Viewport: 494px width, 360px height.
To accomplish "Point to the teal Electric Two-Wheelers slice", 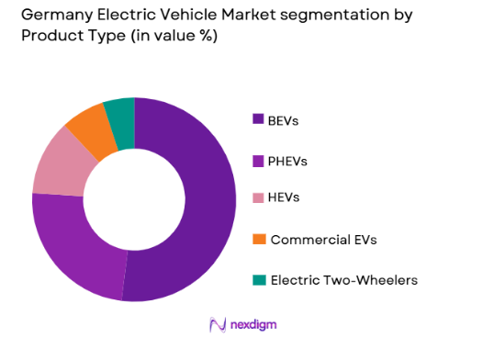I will [120, 115].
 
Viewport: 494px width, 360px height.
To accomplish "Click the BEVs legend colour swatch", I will [258, 119].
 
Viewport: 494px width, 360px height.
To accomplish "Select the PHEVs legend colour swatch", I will [258, 160].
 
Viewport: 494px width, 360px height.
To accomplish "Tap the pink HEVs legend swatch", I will [258, 199].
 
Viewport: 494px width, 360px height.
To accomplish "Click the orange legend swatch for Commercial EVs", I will [258, 240].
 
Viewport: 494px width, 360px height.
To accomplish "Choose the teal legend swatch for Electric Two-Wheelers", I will [258, 280].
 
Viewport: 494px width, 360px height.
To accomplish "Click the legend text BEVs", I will [284, 119].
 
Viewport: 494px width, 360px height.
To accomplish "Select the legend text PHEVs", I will [287, 160].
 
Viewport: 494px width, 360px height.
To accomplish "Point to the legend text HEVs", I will [284, 199].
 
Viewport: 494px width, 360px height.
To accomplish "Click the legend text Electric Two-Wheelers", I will [343, 280].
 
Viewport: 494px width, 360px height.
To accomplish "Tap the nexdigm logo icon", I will [217, 324].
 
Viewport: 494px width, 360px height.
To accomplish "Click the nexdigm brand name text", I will [254, 325].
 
